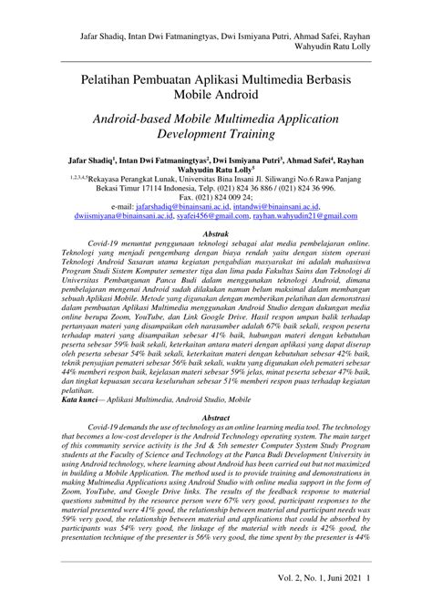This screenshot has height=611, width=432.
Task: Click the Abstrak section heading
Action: [215, 234]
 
